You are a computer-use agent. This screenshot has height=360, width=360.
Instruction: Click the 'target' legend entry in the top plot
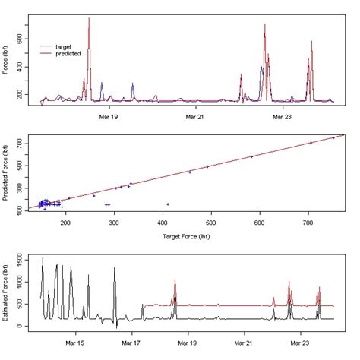[x=67, y=46]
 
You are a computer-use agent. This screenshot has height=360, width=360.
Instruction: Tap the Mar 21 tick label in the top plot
[x=195, y=117]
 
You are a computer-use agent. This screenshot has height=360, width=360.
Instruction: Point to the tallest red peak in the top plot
[x=90, y=18]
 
